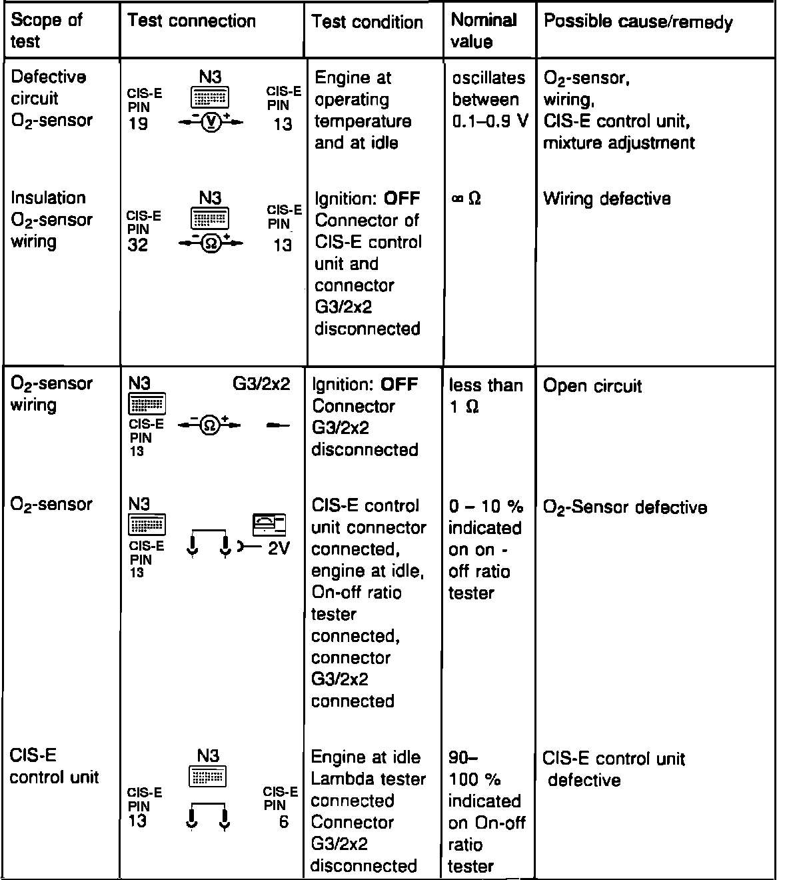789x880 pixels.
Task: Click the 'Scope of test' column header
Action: click(x=47, y=31)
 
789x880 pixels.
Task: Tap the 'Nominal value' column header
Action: click(x=482, y=31)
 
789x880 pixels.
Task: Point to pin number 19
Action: click(x=139, y=124)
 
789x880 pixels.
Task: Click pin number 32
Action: click(x=139, y=245)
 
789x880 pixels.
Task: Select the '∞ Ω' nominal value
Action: click(x=466, y=199)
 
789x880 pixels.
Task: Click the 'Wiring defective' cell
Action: click(x=606, y=199)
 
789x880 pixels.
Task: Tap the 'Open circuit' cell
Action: click(x=592, y=386)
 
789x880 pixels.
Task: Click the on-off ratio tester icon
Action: click(x=269, y=525)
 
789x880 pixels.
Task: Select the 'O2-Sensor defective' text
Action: click(x=624, y=507)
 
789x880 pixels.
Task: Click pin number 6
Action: click(x=284, y=822)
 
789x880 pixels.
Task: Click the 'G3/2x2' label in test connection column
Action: click(x=261, y=385)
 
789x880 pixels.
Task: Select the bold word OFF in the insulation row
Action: click(x=402, y=199)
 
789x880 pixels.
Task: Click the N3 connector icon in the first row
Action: click(x=210, y=97)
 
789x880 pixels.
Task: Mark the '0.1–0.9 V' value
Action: click(x=490, y=122)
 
